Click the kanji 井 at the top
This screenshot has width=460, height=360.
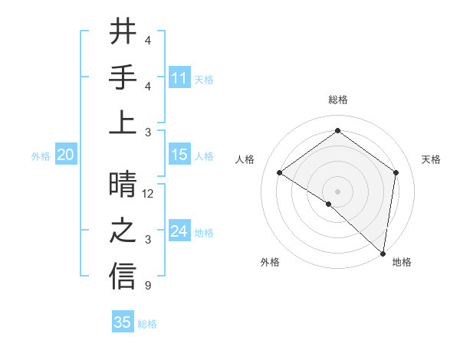[x=123, y=32]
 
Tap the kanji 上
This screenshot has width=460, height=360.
[x=123, y=122]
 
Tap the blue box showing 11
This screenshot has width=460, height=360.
[x=179, y=78]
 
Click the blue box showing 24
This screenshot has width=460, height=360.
[x=179, y=231]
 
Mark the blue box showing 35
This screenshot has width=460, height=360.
[x=123, y=322]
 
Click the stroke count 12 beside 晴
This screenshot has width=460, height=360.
[x=149, y=194]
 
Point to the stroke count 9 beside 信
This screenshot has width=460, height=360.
[x=148, y=286]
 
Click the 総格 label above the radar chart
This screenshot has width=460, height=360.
[x=337, y=100]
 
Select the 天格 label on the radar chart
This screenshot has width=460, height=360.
[x=431, y=159]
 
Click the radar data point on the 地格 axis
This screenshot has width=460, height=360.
[x=383, y=253]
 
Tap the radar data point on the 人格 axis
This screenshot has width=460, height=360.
[x=280, y=172]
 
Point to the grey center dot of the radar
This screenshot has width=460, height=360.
[x=337, y=191]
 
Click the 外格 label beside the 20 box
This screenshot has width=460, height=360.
[x=41, y=156]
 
